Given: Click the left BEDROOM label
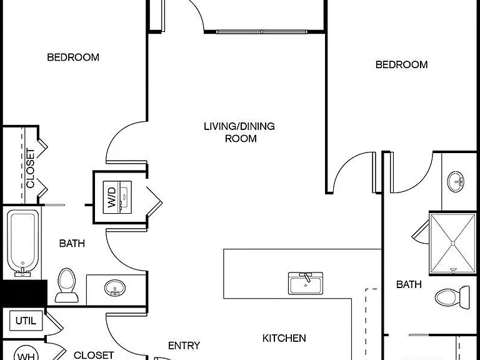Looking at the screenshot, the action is (x=73, y=57).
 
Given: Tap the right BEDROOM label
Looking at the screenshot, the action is (x=402, y=64).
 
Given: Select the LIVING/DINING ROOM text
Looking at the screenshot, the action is (x=239, y=132).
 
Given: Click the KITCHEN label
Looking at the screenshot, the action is (x=284, y=338).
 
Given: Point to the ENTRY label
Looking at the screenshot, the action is (x=184, y=346).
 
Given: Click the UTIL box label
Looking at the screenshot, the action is (x=26, y=321).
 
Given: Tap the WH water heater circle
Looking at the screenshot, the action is (x=26, y=353).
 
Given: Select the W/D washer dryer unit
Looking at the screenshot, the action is (x=117, y=197).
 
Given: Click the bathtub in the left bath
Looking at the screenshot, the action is (x=22, y=243).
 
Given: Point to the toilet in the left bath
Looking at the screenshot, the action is (x=66, y=285).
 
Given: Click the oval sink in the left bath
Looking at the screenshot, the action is (x=115, y=288).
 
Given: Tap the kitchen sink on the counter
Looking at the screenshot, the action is (x=306, y=283).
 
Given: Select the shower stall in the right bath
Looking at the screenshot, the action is (x=452, y=243).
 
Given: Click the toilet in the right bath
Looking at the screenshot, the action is (x=452, y=297).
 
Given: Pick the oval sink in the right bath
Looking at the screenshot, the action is (x=456, y=181).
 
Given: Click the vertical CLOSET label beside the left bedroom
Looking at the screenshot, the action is (x=30, y=168).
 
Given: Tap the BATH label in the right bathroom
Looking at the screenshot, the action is (x=409, y=284).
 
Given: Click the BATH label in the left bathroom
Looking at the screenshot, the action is (x=72, y=243).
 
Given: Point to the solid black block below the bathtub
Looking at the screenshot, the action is (x=24, y=292).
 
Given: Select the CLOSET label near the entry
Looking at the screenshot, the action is (x=94, y=355).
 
